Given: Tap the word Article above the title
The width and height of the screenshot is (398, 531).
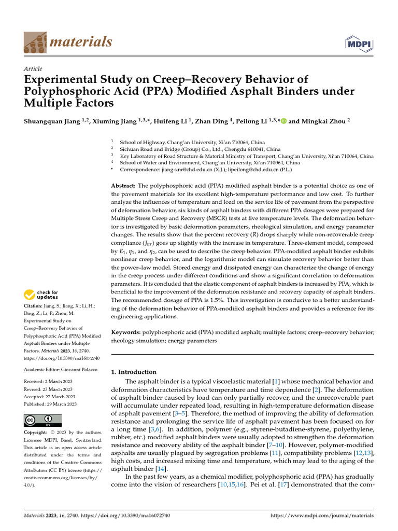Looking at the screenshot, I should point(33,69).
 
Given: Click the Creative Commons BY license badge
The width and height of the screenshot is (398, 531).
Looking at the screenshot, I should point(42,420).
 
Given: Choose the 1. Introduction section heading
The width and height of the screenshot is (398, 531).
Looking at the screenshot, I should point(134,372).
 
